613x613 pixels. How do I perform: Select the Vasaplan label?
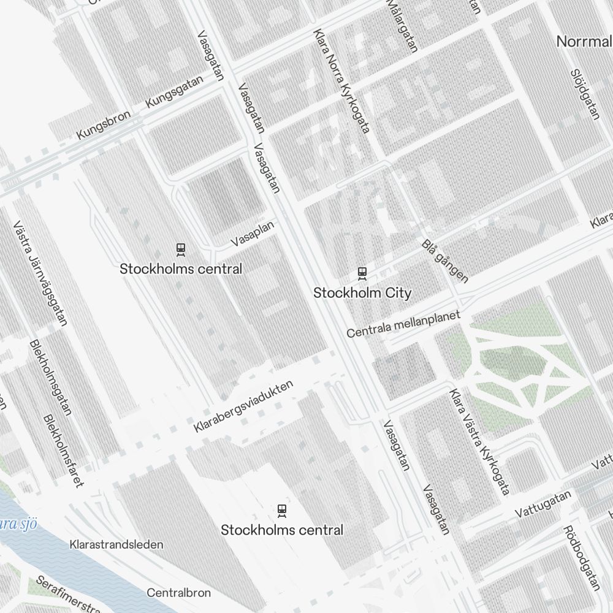tap(253, 234)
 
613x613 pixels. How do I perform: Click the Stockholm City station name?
tap(362, 293)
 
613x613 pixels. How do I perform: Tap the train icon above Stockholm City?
tap(362, 273)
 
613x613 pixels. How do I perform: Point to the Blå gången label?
tap(445, 261)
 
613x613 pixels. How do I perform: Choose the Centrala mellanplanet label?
tap(403, 324)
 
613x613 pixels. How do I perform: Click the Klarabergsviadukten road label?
tap(243, 406)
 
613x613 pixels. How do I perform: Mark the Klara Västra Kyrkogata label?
tap(479, 441)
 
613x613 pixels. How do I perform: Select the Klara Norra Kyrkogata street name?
tap(341, 81)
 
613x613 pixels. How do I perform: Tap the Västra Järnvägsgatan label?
tap(40, 273)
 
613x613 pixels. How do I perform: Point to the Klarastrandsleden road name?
tap(116, 544)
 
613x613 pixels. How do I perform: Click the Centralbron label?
tap(178, 593)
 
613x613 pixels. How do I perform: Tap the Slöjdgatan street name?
tap(584, 94)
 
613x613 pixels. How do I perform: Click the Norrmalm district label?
tap(584, 42)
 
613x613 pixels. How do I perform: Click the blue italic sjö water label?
tap(18, 524)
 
